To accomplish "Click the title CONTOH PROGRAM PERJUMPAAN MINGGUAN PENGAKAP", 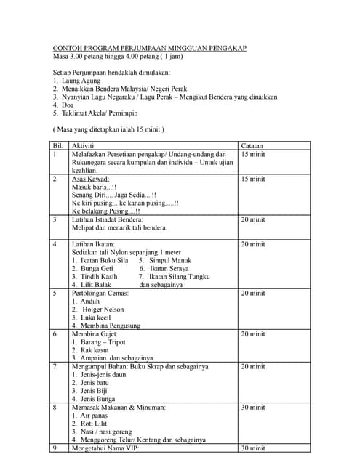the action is click(150, 48).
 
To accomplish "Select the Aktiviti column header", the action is click(84, 146).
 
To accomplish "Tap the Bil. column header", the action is click(57, 146).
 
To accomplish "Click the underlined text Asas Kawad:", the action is click(91, 179).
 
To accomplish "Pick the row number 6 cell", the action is click(55, 334).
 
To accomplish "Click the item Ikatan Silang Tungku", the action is click(179, 277).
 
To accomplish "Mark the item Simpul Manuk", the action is click(168, 260).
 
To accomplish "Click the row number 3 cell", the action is click(55, 219).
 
